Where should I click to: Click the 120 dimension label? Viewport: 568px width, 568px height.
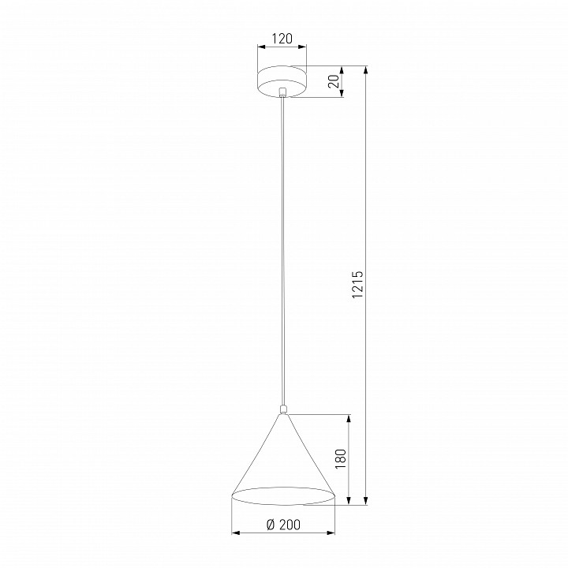pyautogui.click(x=282, y=39)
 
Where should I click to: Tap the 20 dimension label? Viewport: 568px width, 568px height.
pyautogui.click(x=334, y=81)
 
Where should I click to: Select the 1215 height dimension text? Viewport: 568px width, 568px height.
pyautogui.click(x=357, y=284)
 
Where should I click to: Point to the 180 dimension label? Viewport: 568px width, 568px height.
pyautogui.click(x=341, y=459)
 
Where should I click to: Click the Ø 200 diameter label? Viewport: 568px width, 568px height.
pyautogui.click(x=283, y=525)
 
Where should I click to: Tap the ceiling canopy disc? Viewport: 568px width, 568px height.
pyautogui.click(x=282, y=81)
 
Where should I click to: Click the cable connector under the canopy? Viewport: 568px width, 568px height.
pyautogui.click(x=282, y=92)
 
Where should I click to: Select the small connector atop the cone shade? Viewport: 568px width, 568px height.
pyautogui.click(x=283, y=409)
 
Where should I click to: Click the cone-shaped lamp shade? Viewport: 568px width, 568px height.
pyautogui.click(x=283, y=459)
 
